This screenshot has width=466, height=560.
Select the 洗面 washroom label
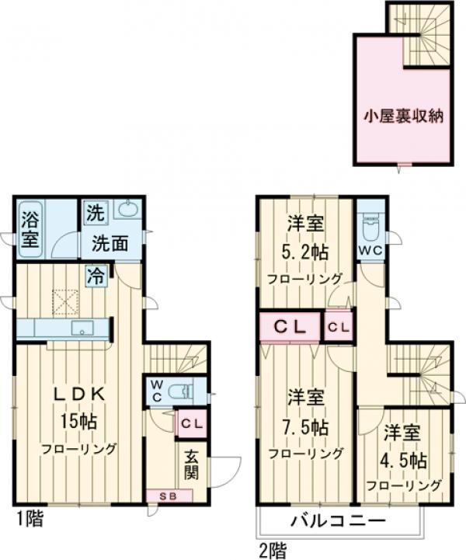(x=110, y=242)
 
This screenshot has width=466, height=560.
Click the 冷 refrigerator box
(x=96, y=275)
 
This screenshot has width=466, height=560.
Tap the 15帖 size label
(x=78, y=423)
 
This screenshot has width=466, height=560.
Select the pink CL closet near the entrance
(x=191, y=424)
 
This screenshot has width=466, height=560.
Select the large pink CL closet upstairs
(x=289, y=327)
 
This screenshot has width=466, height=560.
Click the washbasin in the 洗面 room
(x=127, y=210)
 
